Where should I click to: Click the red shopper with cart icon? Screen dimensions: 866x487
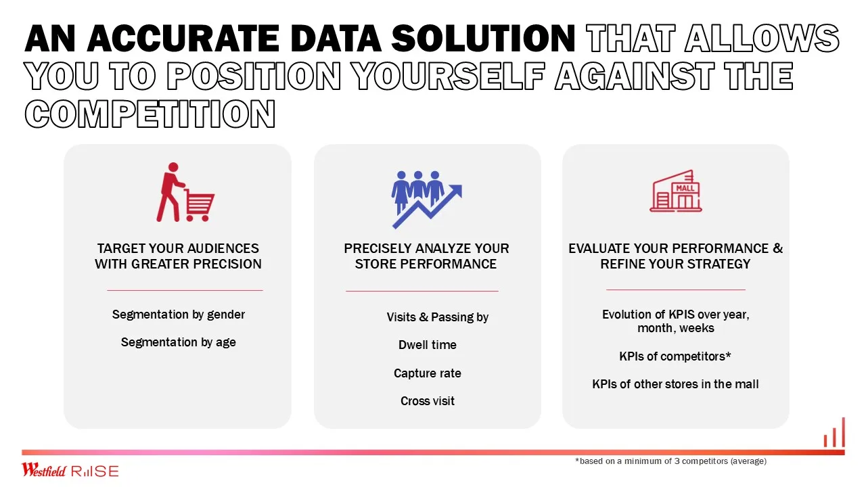tap(185, 192)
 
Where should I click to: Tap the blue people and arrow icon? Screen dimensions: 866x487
tap(427, 200)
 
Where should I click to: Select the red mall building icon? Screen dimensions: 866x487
tap(676, 191)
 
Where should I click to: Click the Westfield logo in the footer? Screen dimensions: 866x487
tap(44, 469)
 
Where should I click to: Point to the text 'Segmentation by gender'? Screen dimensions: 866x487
tap(178, 315)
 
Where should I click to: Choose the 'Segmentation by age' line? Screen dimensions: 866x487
tap(178, 342)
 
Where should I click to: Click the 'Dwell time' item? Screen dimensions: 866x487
tap(427, 345)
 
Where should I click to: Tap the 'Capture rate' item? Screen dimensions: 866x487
tap(427, 373)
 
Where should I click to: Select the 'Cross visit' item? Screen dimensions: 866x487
tap(427, 401)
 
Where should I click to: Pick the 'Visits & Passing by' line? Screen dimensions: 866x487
tap(437, 317)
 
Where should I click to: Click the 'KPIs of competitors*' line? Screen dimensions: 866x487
tap(675, 356)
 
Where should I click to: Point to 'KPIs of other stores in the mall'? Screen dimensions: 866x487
tap(675, 384)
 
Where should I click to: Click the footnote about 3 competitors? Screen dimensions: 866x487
tap(670, 461)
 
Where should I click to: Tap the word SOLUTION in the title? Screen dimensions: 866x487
tap(483, 39)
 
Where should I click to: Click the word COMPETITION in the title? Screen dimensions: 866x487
tap(150, 114)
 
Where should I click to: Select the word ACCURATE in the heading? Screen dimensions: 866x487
tap(183, 39)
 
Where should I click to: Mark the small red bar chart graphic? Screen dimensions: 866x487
tap(834, 432)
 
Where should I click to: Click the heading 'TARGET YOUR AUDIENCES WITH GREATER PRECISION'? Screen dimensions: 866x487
tap(178, 256)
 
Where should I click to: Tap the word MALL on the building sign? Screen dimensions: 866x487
tap(685, 188)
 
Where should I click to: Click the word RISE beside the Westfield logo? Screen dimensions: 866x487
tap(95, 471)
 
